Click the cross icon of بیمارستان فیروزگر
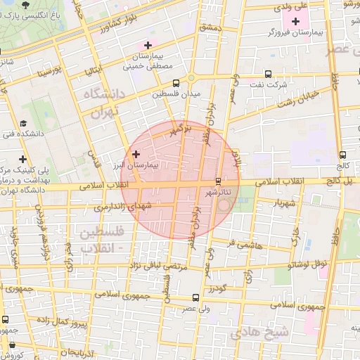295,22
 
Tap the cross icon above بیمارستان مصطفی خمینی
147,45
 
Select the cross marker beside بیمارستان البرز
136,153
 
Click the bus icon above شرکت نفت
268,74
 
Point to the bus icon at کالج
342,155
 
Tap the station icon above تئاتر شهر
218,180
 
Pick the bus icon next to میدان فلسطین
157,92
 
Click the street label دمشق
210,26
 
